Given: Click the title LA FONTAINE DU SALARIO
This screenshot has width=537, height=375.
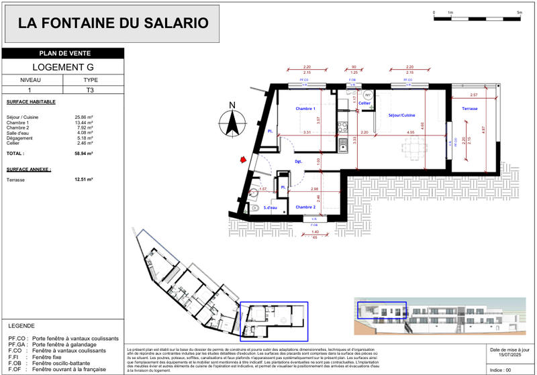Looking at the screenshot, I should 113,23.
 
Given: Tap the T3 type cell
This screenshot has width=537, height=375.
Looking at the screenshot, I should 90,89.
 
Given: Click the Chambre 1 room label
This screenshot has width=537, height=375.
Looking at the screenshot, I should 305,109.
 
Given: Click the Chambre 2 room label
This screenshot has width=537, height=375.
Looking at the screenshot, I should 305,207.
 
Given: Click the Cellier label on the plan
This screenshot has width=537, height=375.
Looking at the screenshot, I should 364,103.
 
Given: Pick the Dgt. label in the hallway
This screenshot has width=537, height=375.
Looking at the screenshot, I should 299,162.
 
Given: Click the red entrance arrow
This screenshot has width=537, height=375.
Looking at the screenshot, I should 238,160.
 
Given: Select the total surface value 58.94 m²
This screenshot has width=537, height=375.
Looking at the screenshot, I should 84,154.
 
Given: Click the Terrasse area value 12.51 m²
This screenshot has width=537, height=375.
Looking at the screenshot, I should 84,180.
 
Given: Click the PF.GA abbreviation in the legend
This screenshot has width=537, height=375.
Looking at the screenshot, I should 15,345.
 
